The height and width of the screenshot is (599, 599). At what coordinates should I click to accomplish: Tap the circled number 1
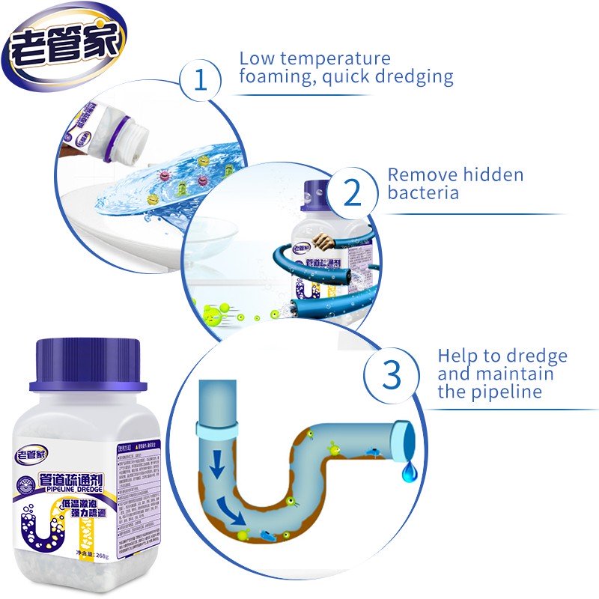tap(200, 80)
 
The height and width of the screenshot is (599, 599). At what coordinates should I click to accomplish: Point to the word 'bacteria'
tap(423, 193)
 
